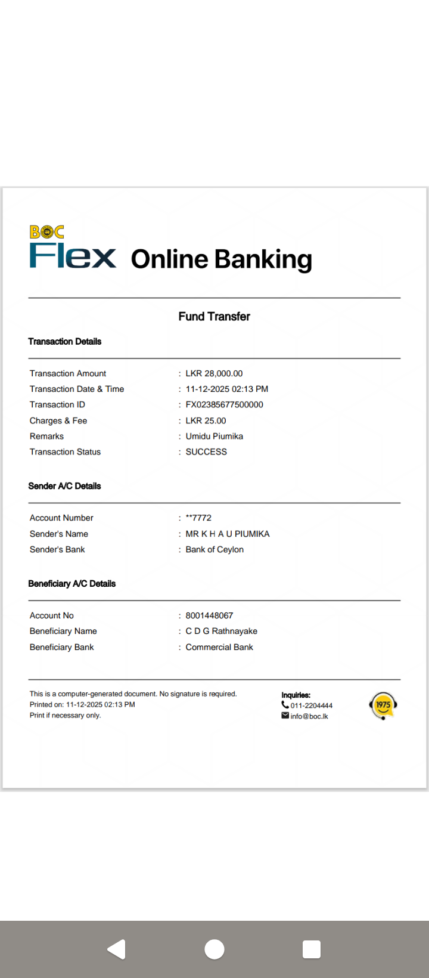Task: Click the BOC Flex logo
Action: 72,248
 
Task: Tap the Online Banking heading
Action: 221,259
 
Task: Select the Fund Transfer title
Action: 214,317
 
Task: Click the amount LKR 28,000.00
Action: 214,373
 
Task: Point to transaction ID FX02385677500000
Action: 224,404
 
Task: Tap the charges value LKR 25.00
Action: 206,420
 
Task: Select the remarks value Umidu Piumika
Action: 214,436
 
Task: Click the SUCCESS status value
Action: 206,451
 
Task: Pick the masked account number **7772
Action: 198,518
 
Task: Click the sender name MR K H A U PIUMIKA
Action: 228,534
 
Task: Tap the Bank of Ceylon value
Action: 214,549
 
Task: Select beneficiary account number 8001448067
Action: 209,615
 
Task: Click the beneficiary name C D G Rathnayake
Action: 222,631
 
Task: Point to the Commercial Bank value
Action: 219,647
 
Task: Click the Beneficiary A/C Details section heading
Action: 72,584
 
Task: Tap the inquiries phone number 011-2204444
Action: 311,705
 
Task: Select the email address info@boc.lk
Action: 309,716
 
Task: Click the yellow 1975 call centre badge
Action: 383,705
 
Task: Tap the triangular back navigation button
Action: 117,949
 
